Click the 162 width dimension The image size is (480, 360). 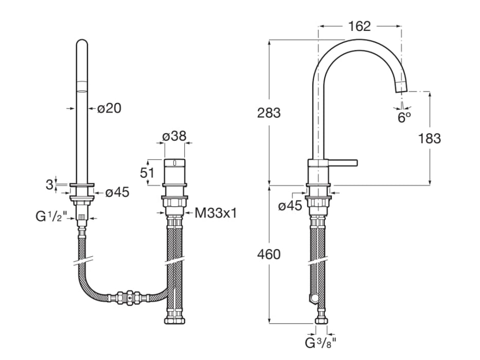(359, 26)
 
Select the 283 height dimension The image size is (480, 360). (269, 113)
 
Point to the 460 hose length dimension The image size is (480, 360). (269, 254)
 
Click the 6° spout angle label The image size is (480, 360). (404, 117)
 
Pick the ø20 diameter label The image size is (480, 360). (109, 108)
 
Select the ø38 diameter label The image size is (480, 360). (174, 137)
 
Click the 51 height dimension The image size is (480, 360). (148, 173)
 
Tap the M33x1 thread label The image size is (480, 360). (216, 212)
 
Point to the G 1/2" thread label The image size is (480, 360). (51, 217)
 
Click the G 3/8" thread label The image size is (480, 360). (322, 341)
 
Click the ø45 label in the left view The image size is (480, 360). (117, 192)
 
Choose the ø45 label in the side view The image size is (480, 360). (290, 206)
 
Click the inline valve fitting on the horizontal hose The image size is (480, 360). (129, 297)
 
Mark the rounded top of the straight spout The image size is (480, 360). (82, 44)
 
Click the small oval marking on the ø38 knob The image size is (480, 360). (174, 164)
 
